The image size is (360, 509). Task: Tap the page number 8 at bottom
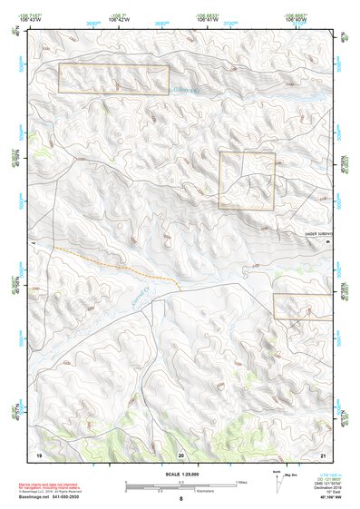point(180,499)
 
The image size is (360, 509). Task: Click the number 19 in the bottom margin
point(39,453)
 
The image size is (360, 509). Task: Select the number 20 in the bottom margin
point(180,453)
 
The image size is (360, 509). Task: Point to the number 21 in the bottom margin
point(323,453)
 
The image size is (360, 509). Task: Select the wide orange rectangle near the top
point(113,79)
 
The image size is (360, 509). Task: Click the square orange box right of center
point(247,181)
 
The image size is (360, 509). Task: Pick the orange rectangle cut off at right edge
point(304,306)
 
